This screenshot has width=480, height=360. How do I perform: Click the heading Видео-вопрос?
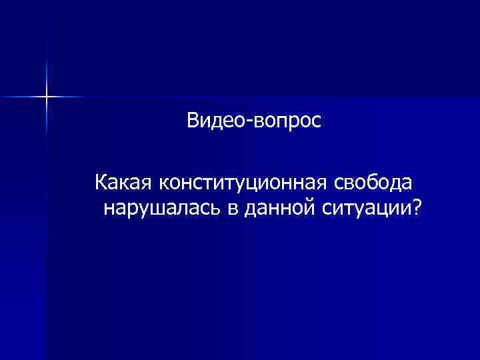pos(253,121)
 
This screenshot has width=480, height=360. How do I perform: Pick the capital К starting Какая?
pos(101,181)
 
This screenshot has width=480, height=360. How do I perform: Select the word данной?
pos(279,211)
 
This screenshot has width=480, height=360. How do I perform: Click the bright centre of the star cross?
pos(47,97)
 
